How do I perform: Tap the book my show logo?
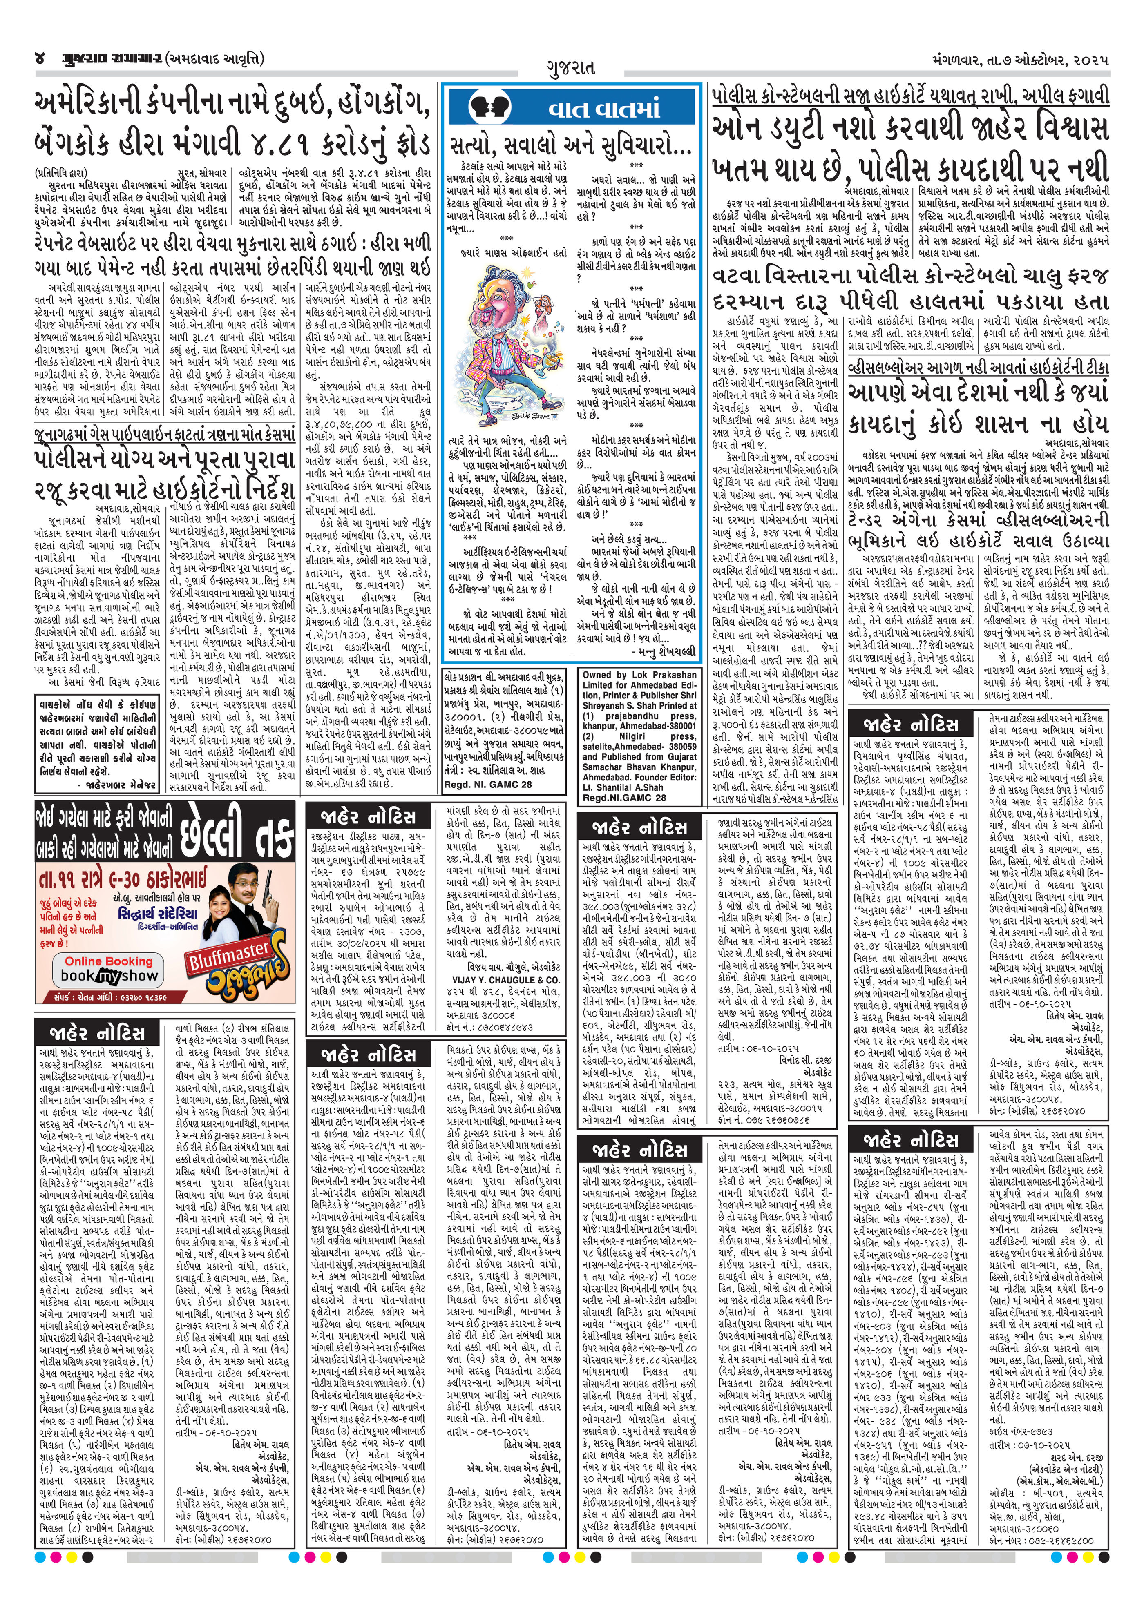(x=109, y=976)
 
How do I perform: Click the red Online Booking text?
(x=109, y=961)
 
